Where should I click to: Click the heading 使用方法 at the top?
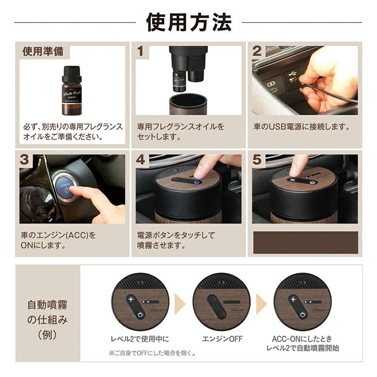click(189, 22)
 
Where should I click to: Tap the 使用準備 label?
click(43, 51)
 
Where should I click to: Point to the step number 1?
click(140, 51)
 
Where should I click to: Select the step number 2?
click(257, 51)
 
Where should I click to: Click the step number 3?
click(25, 159)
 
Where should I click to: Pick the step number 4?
click(140, 159)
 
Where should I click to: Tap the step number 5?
click(257, 159)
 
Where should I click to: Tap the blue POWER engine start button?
click(65, 188)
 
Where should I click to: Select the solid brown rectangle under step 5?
click(305, 242)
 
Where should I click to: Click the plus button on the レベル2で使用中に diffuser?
click(131, 299)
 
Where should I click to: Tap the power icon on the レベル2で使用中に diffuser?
click(140, 315)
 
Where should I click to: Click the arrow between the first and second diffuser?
click(180, 304)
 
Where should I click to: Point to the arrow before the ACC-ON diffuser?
click(262, 304)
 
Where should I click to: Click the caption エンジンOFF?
click(222, 339)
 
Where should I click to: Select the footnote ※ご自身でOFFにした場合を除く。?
click(153, 353)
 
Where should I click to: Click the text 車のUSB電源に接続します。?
click(302, 127)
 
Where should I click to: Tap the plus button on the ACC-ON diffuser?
click(293, 299)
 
